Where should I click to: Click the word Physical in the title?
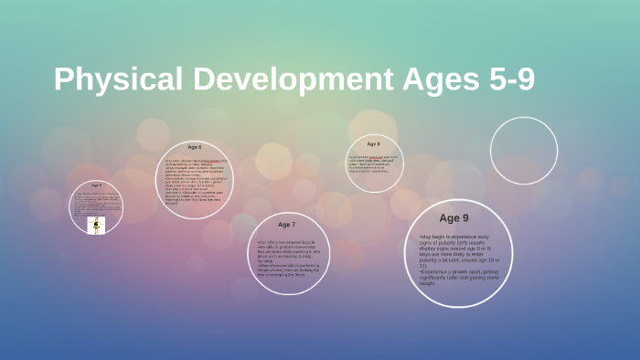(x=114, y=79)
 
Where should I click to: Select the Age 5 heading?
(x=96, y=185)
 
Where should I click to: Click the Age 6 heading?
(x=194, y=147)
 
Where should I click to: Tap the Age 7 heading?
(x=286, y=224)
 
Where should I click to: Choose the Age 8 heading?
(x=373, y=144)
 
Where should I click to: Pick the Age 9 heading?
(x=453, y=218)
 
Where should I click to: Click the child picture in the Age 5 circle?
(x=95, y=225)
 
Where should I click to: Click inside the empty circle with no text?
(x=523, y=151)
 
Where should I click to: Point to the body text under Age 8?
(x=373, y=162)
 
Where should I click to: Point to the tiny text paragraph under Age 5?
(x=95, y=202)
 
